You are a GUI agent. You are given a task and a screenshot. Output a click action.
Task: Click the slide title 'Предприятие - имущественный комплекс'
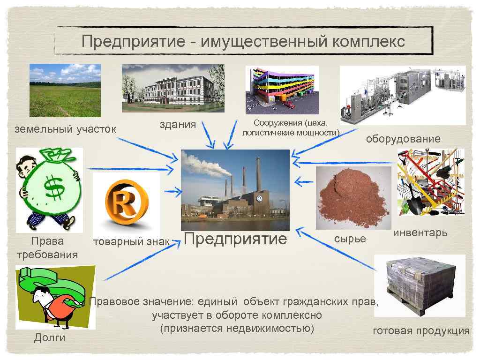point(243,42)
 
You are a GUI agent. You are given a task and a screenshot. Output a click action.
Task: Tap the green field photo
point(65,90)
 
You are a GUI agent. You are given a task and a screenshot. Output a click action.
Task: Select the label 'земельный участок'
point(65,129)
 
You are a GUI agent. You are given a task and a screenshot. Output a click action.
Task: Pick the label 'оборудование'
point(403,139)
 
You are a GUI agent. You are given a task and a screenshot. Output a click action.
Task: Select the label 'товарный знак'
point(131,242)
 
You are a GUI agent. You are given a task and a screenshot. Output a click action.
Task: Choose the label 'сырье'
point(350,239)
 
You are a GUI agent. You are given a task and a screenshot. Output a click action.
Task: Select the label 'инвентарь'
point(420,232)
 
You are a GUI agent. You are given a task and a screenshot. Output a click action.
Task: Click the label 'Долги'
point(49,338)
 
